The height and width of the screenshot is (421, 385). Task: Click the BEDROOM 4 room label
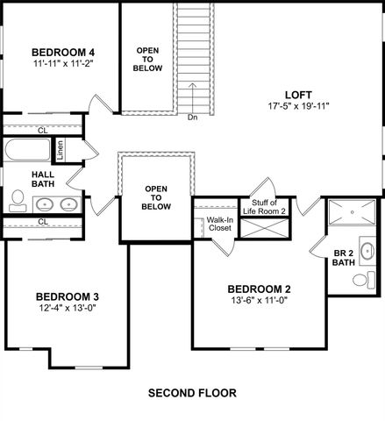(x=62, y=51)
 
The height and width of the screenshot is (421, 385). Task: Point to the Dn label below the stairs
(x=193, y=117)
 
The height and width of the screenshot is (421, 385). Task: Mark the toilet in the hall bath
(x=17, y=203)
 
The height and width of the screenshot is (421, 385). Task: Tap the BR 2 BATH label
(x=344, y=259)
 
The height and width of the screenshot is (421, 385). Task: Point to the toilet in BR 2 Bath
(x=360, y=282)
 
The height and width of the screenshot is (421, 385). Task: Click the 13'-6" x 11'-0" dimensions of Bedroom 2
(x=259, y=302)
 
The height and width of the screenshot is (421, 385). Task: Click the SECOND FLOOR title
(x=192, y=392)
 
